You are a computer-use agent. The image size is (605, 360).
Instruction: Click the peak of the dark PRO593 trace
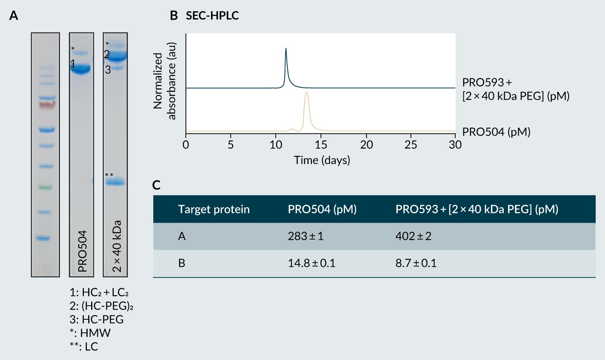(x=286, y=49)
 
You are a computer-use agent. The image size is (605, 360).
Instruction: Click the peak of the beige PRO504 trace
(x=307, y=93)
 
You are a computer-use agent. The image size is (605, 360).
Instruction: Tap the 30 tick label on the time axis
(x=455, y=145)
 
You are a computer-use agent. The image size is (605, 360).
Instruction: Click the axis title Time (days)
(x=322, y=160)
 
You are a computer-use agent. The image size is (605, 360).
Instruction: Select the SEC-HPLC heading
(x=212, y=16)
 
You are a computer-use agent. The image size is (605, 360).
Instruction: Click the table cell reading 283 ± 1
(x=305, y=236)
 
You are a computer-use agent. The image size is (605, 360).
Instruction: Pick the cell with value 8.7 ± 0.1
(x=416, y=263)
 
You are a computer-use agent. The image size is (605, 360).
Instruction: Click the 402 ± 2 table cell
(x=413, y=236)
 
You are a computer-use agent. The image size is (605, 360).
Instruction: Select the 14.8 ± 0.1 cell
(x=311, y=263)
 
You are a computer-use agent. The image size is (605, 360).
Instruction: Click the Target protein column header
(x=213, y=209)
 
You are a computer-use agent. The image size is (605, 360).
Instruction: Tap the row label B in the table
(x=182, y=263)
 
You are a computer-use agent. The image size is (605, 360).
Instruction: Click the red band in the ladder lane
(x=47, y=104)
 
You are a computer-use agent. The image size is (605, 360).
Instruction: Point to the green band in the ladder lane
(x=45, y=187)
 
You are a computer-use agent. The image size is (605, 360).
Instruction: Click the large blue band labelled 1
(x=81, y=69)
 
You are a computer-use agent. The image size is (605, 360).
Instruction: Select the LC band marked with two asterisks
(x=115, y=182)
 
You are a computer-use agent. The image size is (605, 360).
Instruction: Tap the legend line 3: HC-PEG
(x=97, y=319)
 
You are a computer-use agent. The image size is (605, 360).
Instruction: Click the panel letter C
(x=156, y=185)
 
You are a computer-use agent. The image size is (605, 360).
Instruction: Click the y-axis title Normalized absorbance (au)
(x=165, y=81)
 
